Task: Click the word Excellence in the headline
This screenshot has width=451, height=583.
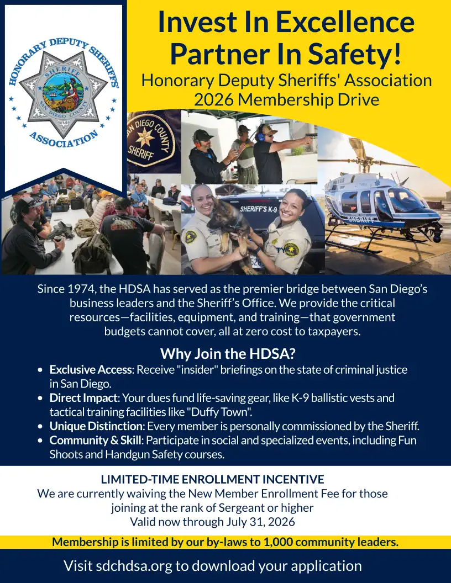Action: click(345, 22)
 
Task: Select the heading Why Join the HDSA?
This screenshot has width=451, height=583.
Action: click(227, 353)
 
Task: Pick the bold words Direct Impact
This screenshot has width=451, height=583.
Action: click(83, 398)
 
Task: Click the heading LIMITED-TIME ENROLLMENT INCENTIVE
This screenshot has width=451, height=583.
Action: click(212, 479)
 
